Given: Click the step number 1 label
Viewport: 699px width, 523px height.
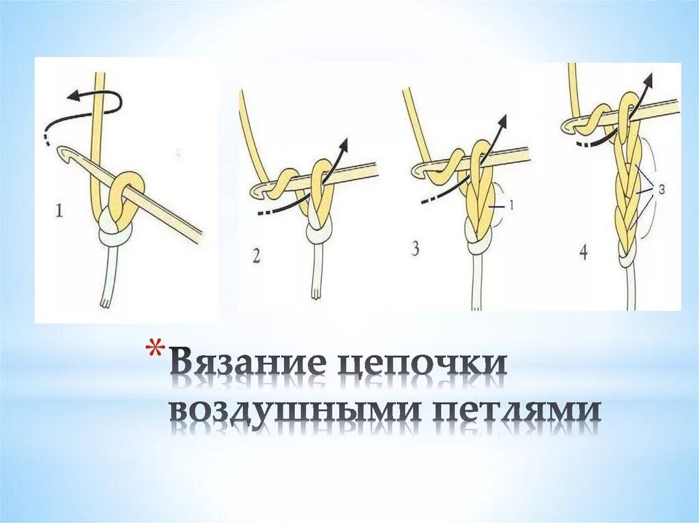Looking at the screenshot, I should [x=59, y=211].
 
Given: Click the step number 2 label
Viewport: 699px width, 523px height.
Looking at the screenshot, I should [x=255, y=256].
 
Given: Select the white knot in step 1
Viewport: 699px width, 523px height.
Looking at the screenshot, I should [x=116, y=238].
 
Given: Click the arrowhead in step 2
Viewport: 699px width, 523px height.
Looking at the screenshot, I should [x=343, y=144].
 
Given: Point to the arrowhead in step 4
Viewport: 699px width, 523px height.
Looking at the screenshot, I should [x=648, y=79].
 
